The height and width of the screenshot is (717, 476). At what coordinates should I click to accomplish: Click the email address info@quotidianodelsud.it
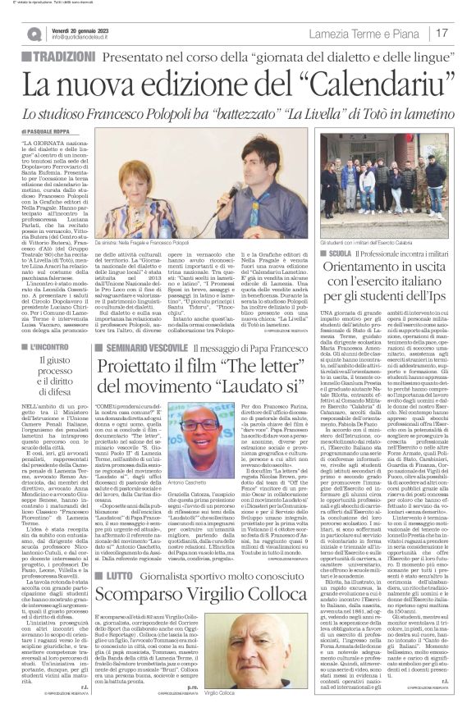[x=90, y=38]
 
